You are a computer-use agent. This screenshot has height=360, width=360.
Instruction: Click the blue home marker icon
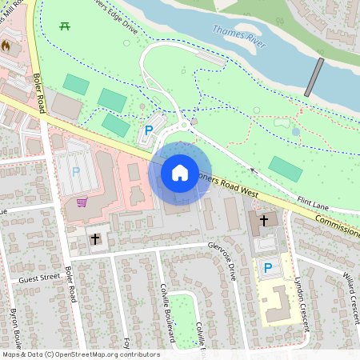coord(180,172)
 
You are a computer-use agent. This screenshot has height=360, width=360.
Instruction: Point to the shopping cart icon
coord(82,202)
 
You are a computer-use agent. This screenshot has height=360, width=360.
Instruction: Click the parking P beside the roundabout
coord(149,129)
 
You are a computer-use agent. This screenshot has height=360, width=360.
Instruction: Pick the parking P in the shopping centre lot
coord(76,170)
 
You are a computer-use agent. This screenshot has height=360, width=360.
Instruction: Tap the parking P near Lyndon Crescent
coord(268,268)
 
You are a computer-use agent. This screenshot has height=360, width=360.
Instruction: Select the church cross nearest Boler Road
coord(95,238)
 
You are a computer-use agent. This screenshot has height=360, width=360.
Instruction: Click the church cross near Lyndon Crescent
coord(264,219)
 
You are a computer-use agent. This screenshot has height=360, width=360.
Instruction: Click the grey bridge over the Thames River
coord(318,78)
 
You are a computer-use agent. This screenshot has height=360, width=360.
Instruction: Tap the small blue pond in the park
coord(296,131)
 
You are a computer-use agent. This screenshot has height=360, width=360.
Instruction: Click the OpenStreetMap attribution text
coord(80,354)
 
